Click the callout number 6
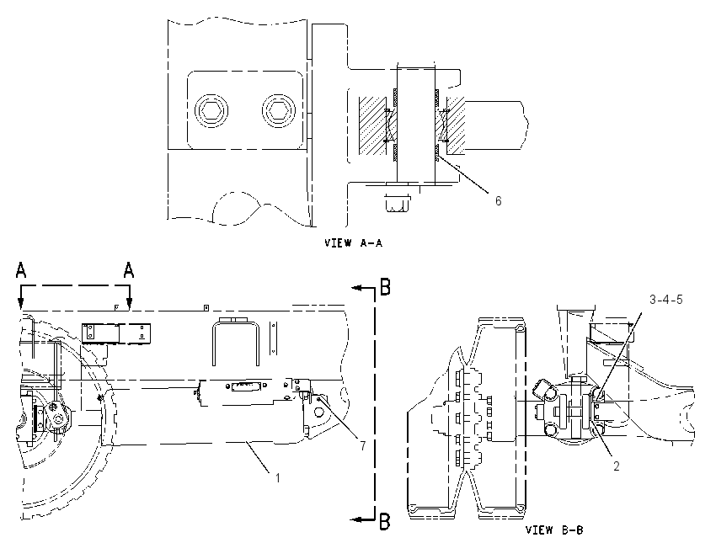pyautogui.click(x=498, y=200)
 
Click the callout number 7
pyautogui.click(x=362, y=446)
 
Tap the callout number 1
pyautogui.click(x=277, y=478)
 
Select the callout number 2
pyautogui.click(x=617, y=466)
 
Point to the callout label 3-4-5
pyautogui.click(x=666, y=300)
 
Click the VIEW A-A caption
pyautogui.click(x=354, y=242)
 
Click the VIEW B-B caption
pyautogui.click(x=554, y=530)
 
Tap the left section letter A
pyautogui.click(x=21, y=269)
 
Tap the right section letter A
pyautogui.click(x=129, y=269)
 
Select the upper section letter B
pyautogui.click(x=386, y=287)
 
